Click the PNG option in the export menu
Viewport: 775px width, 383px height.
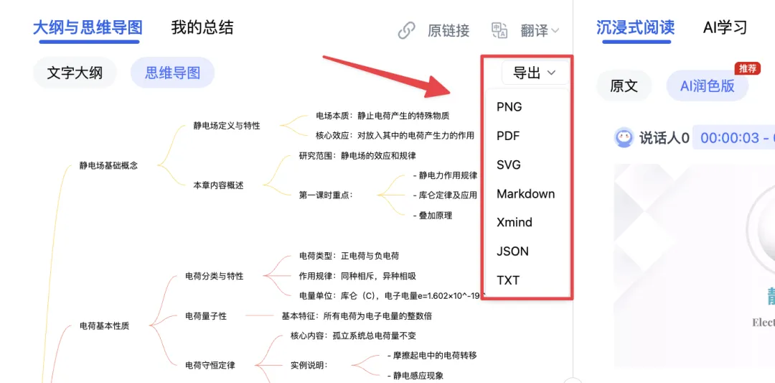(x=509, y=107)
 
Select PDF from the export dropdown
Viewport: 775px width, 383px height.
(x=508, y=136)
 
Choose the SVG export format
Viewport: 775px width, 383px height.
(x=509, y=165)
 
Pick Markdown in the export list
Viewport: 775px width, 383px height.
(x=525, y=194)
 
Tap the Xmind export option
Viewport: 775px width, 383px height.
(x=515, y=223)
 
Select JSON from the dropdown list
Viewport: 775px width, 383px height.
(x=512, y=252)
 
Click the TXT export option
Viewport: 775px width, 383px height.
(x=508, y=280)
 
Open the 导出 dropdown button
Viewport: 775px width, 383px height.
(x=534, y=73)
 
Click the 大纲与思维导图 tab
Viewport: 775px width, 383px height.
(x=88, y=28)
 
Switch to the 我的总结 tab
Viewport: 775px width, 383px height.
(x=202, y=28)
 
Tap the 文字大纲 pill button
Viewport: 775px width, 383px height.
(x=75, y=73)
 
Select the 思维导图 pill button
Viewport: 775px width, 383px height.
(x=172, y=73)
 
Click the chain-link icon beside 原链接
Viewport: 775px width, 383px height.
(x=407, y=30)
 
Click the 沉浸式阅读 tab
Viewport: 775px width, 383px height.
(x=636, y=28)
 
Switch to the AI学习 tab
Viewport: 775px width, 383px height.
(x=725, y=28)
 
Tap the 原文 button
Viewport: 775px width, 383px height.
(x=624, y=86)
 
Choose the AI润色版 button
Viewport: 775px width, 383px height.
(x=707, y=86)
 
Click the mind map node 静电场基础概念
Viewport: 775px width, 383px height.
(x=108, y=165)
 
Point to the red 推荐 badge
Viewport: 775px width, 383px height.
(x=747, y=69)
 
